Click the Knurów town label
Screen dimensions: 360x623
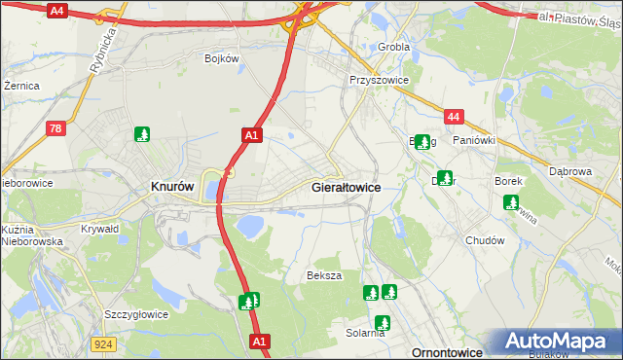coord(172,186)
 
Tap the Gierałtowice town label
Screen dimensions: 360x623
coord(346,186)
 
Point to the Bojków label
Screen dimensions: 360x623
coord(222,58)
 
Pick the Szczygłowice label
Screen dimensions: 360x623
coord(136,314)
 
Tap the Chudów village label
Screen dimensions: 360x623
coord(485,240)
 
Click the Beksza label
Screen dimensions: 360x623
coord(325,275)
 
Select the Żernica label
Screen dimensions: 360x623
coord(21,86)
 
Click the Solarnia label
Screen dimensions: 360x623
coord(365,333)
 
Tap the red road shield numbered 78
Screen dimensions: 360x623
coord(56,127)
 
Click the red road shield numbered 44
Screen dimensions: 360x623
coord(453,117)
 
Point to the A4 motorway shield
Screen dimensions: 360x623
coord(56,11)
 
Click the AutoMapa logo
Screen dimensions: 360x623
coord(558,342)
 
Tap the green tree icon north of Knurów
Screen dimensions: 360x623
coord(143,134)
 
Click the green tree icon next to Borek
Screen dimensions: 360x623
coord(511,202)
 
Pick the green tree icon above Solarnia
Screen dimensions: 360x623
coord(383,322)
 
